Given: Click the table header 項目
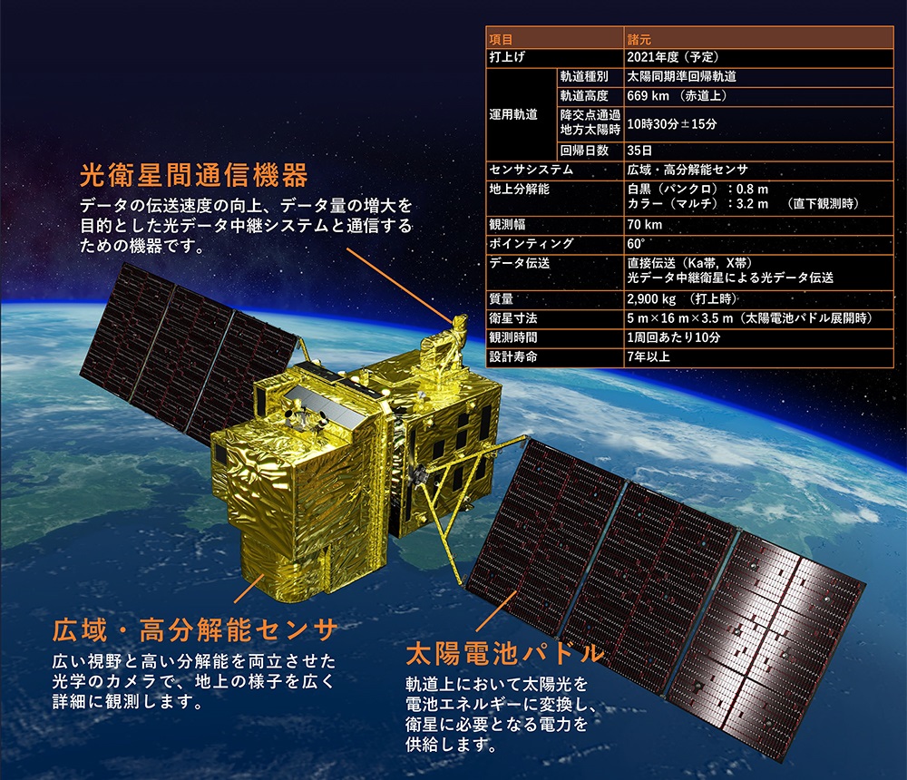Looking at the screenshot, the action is tap(501, 39).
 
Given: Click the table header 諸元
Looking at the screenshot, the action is tap(639, 39).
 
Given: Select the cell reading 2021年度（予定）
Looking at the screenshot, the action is tap(673, 57).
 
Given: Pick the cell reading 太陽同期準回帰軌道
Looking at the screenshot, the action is tap(681, 76).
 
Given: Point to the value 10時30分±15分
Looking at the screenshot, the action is tap(671, 124).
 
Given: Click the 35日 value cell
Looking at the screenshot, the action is tap(639, 151).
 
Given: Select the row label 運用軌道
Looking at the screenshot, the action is tap(513, 114).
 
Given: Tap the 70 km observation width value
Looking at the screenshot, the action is tap(644, 225).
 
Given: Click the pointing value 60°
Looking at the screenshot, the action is tap(636, 244).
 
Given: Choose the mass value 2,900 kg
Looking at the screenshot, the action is tap(651, 298).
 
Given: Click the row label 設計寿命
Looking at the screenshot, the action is tap(513, 356).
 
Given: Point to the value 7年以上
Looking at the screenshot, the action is tap(649, 356).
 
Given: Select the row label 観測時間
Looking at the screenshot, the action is tap(513, 337).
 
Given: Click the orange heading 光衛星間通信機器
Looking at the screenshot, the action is tap(194, 175).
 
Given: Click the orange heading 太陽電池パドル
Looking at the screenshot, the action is tap(505, 653).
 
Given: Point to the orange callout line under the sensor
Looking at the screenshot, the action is tap(249, 589).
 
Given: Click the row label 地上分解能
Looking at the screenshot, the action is tap(519, 190).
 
